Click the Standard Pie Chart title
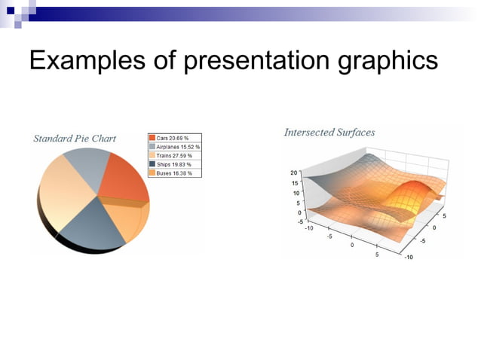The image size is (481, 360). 75,139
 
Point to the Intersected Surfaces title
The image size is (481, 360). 329,133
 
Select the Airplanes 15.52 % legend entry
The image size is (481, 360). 179,147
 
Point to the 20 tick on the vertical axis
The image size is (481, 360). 295,173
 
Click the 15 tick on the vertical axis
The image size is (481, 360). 295,183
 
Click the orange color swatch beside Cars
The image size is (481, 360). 152,139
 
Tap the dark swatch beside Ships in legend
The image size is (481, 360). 152,164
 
